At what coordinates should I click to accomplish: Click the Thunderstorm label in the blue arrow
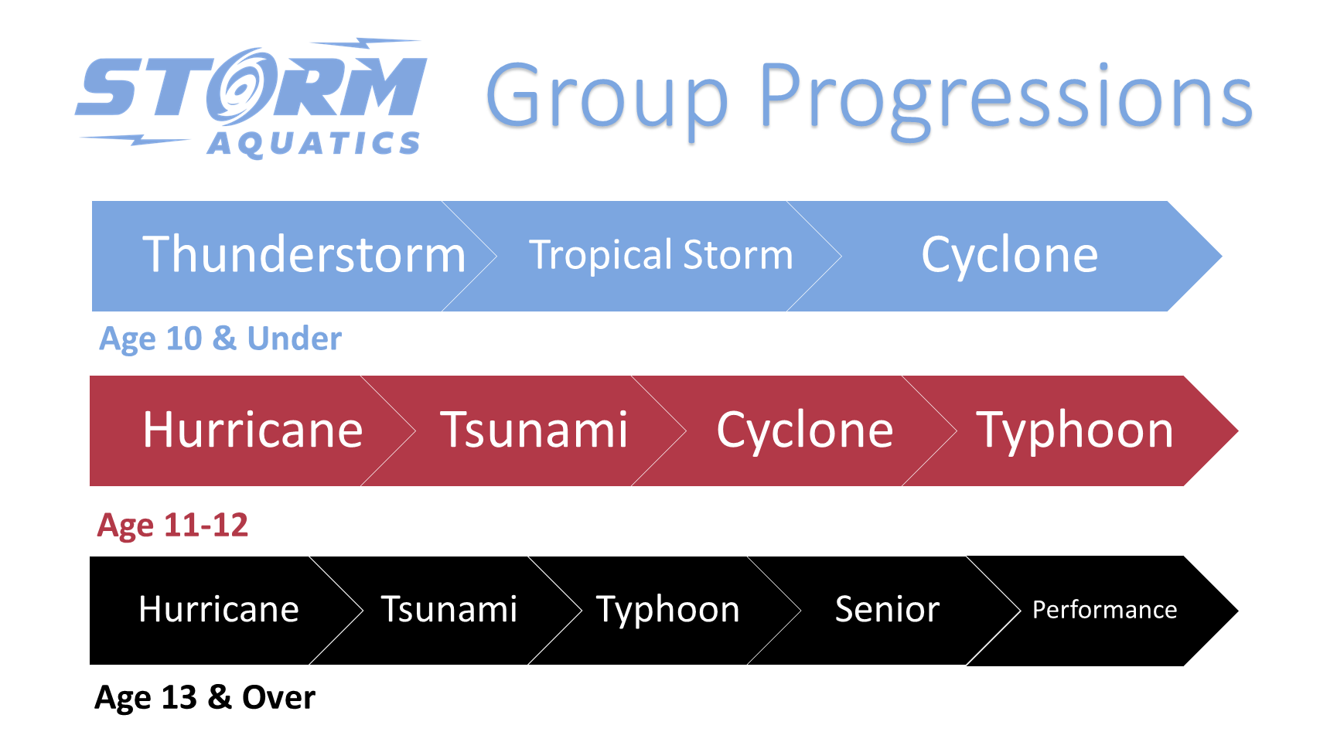[x=304, y=254]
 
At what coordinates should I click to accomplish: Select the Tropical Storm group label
[x=660, y=255]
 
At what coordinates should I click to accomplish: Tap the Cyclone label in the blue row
[x=1009, y=254]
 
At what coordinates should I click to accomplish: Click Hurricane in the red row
[x=253, y=430]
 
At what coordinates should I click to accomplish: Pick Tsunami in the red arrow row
[x=534, y=430]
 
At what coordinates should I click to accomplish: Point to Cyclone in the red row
[x=804, y=430]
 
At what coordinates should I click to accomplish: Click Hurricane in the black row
[x=219, y=609]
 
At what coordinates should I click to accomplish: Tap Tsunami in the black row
[x=449, y=609]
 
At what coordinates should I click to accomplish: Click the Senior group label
[x=887, y=609]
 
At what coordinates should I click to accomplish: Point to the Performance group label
[x=1104, y=610]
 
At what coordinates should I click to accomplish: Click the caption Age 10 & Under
[x=220, y=339]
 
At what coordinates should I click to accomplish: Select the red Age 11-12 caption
[x=172, y=526]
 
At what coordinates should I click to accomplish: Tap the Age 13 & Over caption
[x=204, y=698]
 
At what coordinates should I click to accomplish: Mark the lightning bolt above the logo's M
[x=365, y=43]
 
